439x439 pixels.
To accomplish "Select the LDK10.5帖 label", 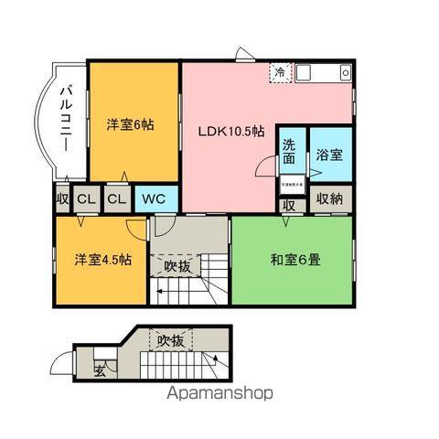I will [x=231, y=131].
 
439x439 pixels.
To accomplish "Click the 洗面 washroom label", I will [x=289, y=152].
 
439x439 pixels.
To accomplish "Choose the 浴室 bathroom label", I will [x=330, y=154].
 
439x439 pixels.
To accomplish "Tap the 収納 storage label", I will [x=330, y=198].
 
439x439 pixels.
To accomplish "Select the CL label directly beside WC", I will [x=116, y=198].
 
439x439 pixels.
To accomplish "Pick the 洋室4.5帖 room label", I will [x=102, y=259].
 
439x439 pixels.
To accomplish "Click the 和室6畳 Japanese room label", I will [x=293, y=259].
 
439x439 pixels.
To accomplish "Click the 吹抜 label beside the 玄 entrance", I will [x=169, y=341].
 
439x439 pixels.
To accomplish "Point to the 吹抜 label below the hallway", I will [x=177, y=266].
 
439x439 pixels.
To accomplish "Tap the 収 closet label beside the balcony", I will [x=61, y=198].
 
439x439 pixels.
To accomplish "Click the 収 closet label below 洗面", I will [x=289, y=206].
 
